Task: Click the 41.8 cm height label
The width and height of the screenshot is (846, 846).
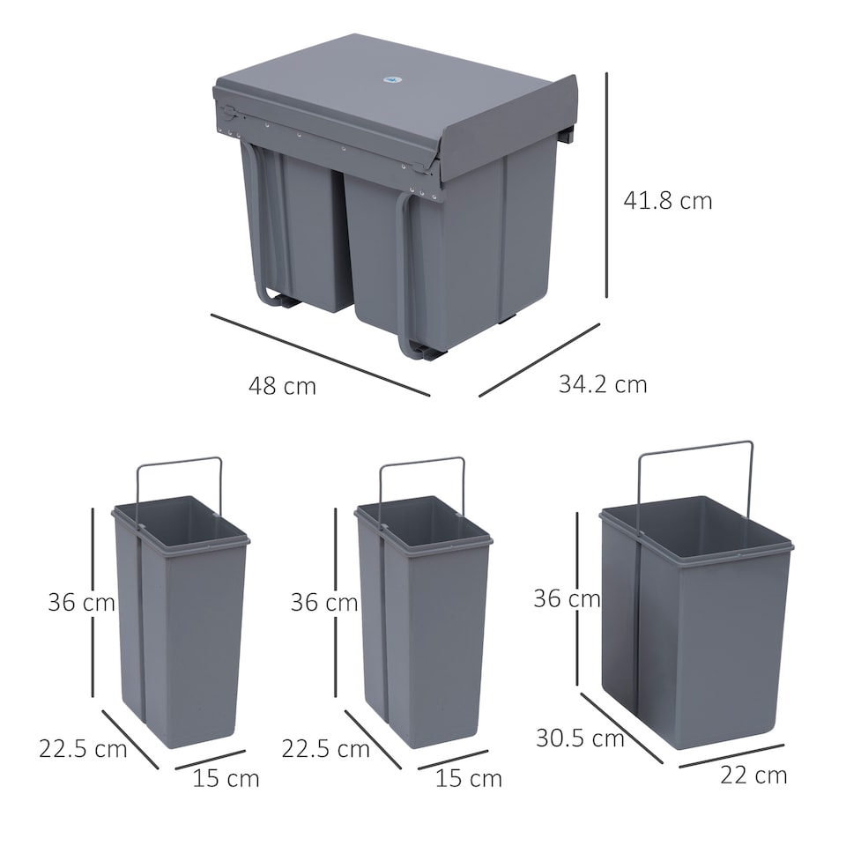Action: pyautogui.click(x=667, y=200)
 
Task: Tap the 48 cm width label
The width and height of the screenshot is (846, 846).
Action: pyautogui.click(x=282, y=386)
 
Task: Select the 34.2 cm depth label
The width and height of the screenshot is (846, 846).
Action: pyautogui.click(x=603, y=384)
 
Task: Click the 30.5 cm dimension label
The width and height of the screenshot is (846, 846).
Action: pyautogui.click(x=580, y=738)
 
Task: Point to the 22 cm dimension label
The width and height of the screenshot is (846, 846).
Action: pyautogui.click(x=753, y=775)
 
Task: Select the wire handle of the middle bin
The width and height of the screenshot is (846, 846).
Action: pyautogui.click(x=421, y=461)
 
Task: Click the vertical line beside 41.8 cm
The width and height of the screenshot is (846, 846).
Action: pyautogui.click(x=606, y=185)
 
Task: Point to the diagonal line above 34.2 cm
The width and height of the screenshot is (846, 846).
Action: pyautogui.click(x=539, y=360)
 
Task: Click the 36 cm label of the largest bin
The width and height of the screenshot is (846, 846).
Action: pyautogui.click(x=567, y=598)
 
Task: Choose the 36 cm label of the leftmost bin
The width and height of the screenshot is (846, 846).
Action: pyautogui.click(x=81, y=603)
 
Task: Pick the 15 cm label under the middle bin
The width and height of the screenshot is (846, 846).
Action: pyautogui.click(x=469, y=778)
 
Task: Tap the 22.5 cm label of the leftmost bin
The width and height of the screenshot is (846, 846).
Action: pyautogui.click(x=83, y=749)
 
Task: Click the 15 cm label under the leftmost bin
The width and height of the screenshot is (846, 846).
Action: pyautogui.click(x=226, y=778)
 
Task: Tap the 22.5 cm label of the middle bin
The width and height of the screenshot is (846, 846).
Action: pyautogui.click(x=325, y=749)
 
